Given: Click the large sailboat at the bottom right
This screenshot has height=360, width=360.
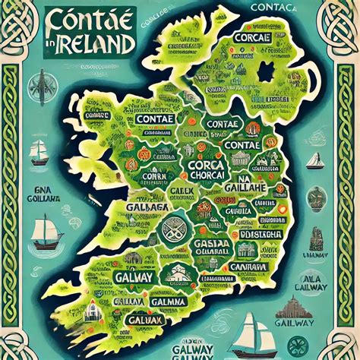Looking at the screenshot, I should pyautogui.click(x=255, y=332).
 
